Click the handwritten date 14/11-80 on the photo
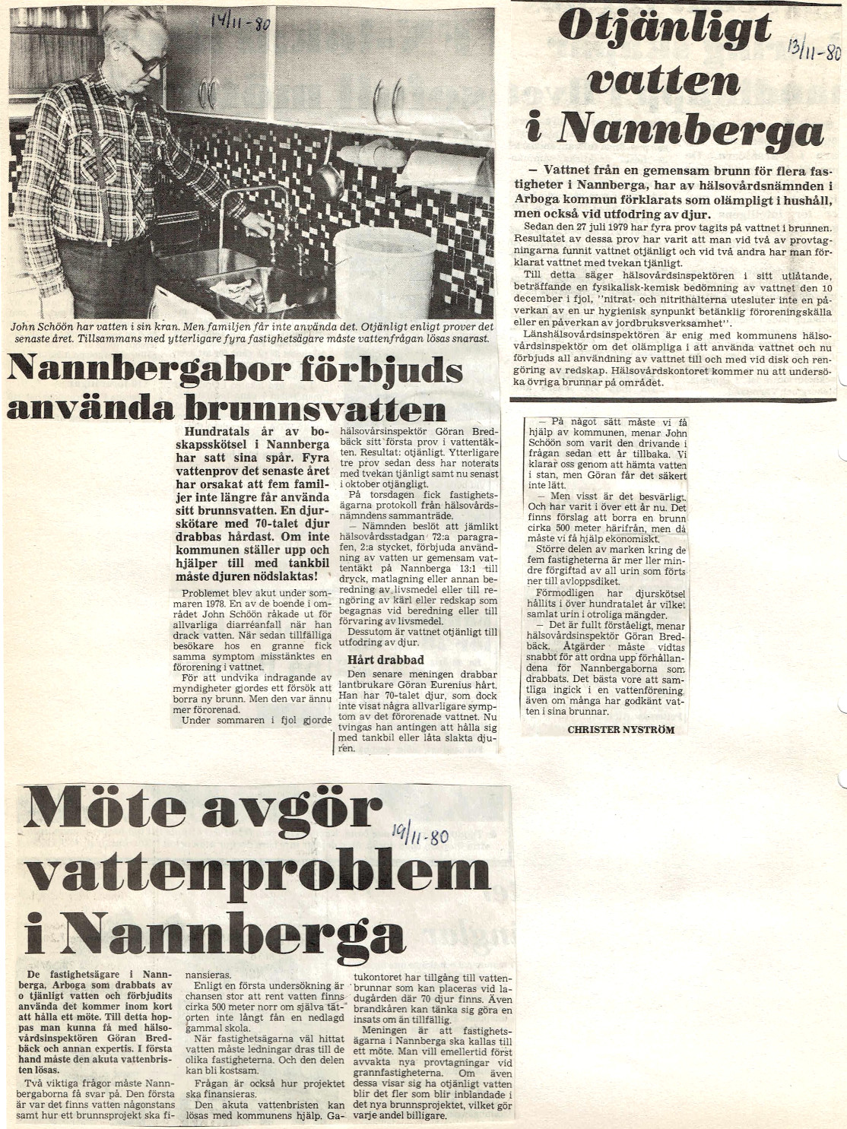pos(240,22)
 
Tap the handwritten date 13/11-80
pos(814,51)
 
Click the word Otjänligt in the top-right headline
pos(665,28)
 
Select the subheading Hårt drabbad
pos(385,659)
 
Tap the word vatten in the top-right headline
pos(663,79)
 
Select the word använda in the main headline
pos(90,409)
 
